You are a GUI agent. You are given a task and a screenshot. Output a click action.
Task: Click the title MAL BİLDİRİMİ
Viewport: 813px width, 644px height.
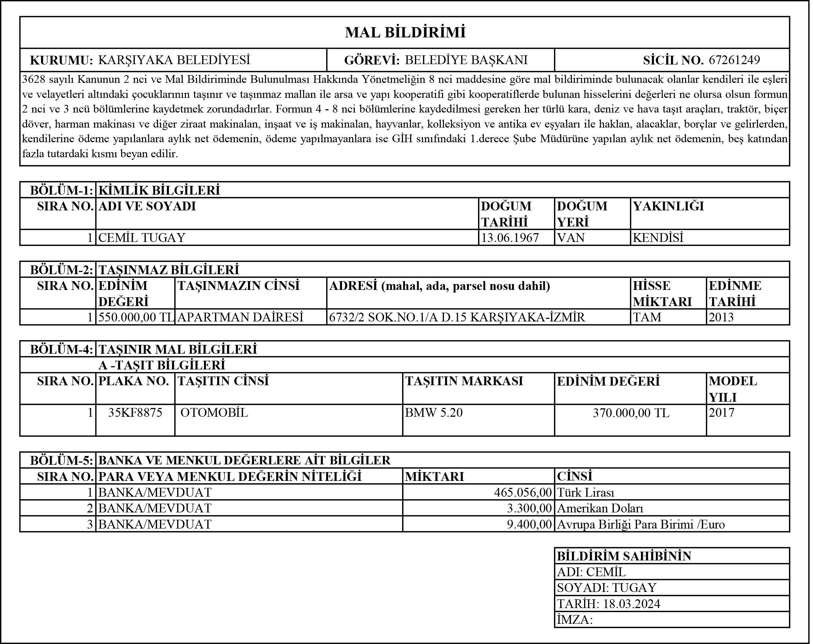click(405, 33)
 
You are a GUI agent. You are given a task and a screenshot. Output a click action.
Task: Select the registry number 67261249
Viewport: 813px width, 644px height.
click(734, 60)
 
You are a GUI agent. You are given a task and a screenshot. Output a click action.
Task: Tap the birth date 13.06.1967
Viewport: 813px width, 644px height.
click(510, 238)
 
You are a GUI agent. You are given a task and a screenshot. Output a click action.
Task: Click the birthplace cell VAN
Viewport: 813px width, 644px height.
click(570, 238)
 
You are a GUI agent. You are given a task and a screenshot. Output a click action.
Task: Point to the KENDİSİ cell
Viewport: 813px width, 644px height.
click(658, 238)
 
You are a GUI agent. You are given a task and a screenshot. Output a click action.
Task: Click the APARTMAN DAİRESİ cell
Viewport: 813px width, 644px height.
click(240, 317)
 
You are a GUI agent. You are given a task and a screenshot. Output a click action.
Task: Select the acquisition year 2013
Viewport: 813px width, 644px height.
click(721, 317)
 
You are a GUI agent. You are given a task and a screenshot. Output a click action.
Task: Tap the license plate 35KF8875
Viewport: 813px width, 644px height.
click(135, 413)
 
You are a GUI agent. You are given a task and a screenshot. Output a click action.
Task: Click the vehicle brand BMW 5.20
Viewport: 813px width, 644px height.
click(434, 413)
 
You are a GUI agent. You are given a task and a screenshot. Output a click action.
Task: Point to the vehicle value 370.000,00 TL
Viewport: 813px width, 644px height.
click(631, 413)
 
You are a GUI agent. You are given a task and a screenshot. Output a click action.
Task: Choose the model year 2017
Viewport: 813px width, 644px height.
click(721, 413)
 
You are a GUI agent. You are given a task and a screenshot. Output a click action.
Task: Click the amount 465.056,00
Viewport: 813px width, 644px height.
click(523, 493)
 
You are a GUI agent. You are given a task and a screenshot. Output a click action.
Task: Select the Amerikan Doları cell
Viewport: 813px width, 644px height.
click(600, 508)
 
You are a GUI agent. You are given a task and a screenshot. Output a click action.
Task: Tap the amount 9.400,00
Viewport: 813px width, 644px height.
click(529, 524)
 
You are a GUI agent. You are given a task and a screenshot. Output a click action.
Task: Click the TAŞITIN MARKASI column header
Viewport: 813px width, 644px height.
click(464, 381)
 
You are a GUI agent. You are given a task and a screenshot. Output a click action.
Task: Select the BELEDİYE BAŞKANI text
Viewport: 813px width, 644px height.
click(466, 60)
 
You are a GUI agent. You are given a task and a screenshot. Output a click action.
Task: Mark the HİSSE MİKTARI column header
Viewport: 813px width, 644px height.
click(662, 294)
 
